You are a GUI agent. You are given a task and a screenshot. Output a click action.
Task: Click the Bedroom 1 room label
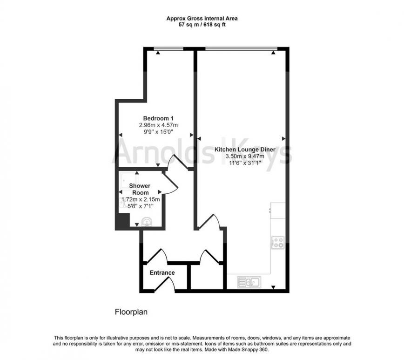click(x=158, y=118)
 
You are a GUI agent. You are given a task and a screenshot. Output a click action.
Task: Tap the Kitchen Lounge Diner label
click(x=245, y=149)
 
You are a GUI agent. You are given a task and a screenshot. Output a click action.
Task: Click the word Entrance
click(x=162, y=272)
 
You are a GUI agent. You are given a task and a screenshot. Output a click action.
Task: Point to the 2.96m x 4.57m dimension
click(x=158, y=125)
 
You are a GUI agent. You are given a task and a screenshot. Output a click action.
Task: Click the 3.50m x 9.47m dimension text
click(x=245, y=156)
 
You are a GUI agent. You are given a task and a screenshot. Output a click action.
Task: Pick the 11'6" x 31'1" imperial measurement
click(x=245, y=163)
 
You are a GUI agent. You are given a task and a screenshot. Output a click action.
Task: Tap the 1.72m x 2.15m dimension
click(x=141, y=199)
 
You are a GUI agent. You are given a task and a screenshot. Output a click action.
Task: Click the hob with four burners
click(x=278, y=243)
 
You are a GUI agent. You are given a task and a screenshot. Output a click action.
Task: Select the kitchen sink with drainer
click(x=249, y=282)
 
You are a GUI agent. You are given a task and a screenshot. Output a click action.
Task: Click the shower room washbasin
click(x=147, y=222)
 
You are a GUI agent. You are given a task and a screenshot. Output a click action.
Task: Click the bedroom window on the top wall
click(x=168, y=48)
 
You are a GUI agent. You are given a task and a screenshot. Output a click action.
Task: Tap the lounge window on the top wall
click(x=241, y=48)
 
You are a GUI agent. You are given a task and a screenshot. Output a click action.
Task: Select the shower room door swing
click(x=170, y=183)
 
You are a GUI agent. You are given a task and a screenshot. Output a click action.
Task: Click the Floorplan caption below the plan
click(x=131, y=312)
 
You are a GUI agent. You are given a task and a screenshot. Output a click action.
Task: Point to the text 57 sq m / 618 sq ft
click(x=202, y=25)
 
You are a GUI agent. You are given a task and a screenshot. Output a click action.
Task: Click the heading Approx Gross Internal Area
click(x=202, y=19)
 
